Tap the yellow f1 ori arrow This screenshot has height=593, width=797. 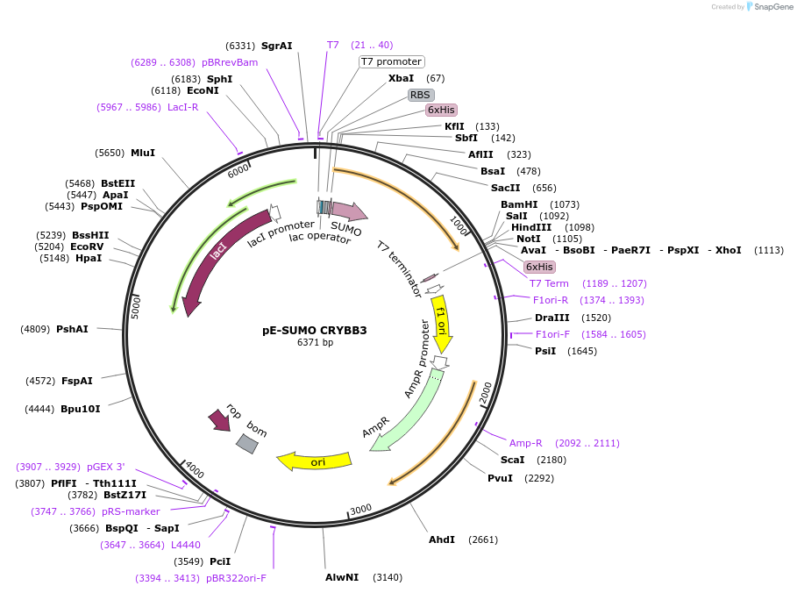point(443,325)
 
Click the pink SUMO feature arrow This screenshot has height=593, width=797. point(348,211)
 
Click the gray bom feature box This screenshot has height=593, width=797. point(247,444)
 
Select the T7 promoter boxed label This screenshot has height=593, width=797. point(392,61)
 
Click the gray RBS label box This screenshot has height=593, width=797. point(421,94)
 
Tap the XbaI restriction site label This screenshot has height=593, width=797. point(402,78)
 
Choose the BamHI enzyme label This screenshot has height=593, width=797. point(519,204)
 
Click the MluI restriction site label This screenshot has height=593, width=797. point(143,153)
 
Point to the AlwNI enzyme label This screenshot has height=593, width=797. point(342,577)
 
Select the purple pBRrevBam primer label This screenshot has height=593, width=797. point(230,62)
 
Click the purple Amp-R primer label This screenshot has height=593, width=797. point(526,443)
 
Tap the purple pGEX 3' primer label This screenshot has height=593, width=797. point(105,466)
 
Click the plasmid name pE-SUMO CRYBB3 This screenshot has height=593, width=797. point(315,331)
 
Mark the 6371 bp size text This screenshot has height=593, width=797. point(315,342)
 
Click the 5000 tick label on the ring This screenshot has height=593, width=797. point(136,307)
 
